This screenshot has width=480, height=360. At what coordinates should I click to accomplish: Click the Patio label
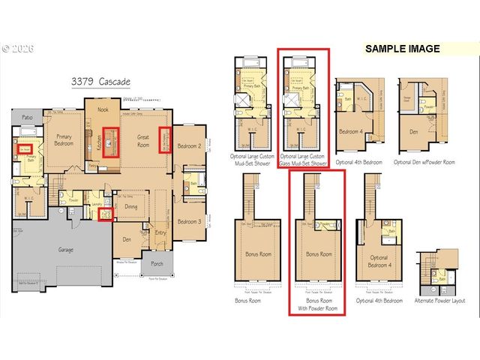tap(27, 118)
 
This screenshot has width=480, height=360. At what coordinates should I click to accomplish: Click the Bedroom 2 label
tap(190, 145)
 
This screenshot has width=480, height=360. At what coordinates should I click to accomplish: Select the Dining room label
tap(130, 207)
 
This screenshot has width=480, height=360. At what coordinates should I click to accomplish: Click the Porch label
tap(157, 262)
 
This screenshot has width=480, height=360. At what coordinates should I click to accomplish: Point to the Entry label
tap(160, 233)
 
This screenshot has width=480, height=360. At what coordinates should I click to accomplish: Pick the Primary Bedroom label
tap(64, 140)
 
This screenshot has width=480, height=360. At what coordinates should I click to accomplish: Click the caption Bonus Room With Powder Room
tap(316, 304)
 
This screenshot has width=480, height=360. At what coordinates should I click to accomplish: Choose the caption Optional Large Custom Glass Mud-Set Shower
tap(304, 159)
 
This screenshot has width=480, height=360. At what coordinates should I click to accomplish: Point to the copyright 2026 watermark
tap(16, 47)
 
